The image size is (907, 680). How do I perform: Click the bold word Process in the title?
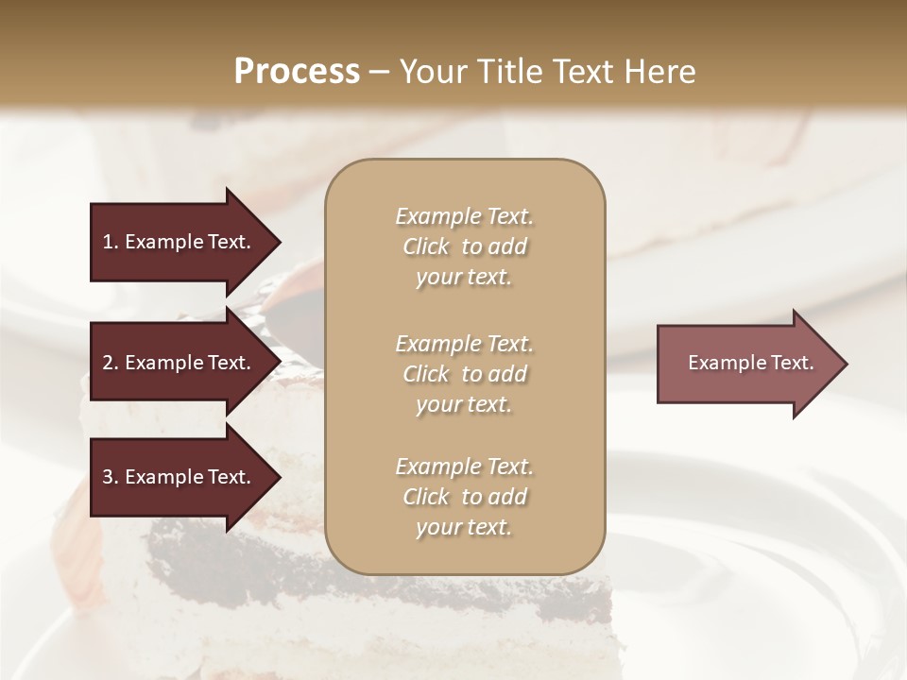coord(297,72)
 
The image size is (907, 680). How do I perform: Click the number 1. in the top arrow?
coord(111,242)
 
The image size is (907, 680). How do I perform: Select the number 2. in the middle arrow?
coord(111,363)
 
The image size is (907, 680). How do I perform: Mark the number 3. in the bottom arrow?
coord(111,477)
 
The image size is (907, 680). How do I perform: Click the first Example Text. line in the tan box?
coord(464,216)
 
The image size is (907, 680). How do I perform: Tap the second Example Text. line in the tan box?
coord(464,343)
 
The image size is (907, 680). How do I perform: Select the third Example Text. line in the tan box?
coord(464,467)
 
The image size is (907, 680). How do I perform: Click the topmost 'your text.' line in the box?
coord(464,278)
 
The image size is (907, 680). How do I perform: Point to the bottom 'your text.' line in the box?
coord(464,528)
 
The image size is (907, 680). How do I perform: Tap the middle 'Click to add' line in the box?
coord(464,374)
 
